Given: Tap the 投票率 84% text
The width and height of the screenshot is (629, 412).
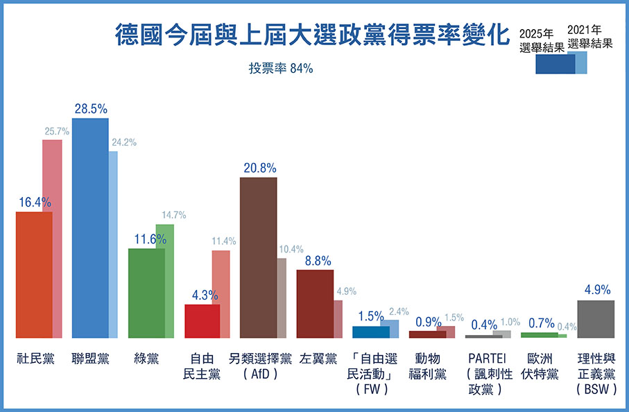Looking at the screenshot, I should [x=281, y=69].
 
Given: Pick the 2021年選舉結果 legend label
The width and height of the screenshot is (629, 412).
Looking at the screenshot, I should [x=589, y=36].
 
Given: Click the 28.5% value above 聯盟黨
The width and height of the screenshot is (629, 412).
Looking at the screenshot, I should [x=90, y=109].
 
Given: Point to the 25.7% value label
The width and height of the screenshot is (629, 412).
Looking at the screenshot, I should [x=58, y=130].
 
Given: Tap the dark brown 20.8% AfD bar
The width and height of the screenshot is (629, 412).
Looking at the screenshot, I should [x=258, y=257].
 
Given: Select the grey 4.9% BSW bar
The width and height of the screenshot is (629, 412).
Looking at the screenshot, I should [x=596, y=318].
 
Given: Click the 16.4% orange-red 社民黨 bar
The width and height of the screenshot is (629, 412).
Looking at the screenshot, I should [x=34, y=274].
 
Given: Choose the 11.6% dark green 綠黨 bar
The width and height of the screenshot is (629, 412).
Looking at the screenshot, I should [x=146, y=292].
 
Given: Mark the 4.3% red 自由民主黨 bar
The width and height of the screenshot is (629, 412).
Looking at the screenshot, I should [x=202, y=320].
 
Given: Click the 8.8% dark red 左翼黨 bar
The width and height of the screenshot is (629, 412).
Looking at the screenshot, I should [x=314, y=303].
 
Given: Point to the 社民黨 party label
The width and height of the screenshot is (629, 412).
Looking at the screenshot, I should [x=34, y=359].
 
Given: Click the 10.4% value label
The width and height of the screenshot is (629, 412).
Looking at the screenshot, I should [x=291, y=250].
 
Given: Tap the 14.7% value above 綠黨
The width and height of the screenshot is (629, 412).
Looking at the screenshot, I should [x=173, y=215].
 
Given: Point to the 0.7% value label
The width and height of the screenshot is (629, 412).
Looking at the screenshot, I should [x=541, y=323].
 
